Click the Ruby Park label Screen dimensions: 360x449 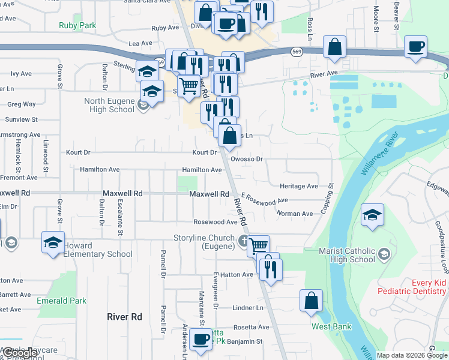pyautogui.click(x=77, y=26)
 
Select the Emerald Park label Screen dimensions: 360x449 pyautogui.click(x=61, y=301)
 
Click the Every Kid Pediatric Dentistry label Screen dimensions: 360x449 pyautogui.click(x=413, y=286)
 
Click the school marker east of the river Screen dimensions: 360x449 pyautogui.click(x=372, y=215)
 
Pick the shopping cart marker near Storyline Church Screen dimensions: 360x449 pyautogui.click(x=258, y=245)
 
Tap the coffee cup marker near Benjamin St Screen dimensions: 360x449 pyautogui.click(x=201, y=339)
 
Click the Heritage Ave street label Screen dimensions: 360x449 pyautogui.click(x=298, y=187)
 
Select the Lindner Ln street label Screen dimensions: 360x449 pyautogui.click(x=247, y=308)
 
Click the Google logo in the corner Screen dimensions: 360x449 pyautogui.click(x=19, y=353)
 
